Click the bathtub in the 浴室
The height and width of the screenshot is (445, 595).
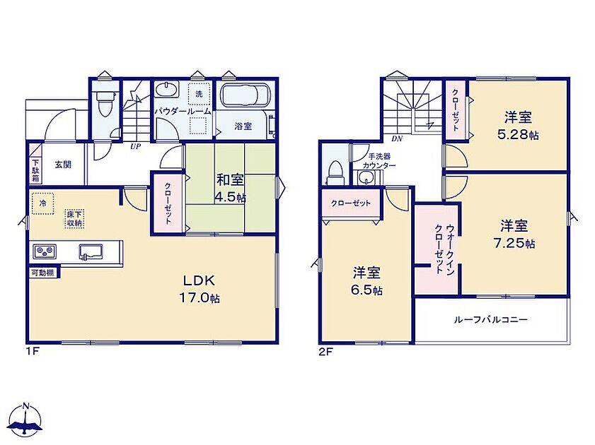click(245, 96)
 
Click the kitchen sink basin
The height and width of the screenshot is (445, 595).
click(91, 252)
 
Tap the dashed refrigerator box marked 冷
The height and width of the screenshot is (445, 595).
click(42, 203)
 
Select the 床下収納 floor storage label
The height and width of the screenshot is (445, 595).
click(74, 218)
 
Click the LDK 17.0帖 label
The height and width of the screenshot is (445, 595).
click(200, 289)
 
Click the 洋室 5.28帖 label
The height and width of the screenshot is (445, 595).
click(518, 126)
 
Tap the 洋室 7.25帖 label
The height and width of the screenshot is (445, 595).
click(514, 235)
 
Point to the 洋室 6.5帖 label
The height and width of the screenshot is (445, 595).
click(366, 281)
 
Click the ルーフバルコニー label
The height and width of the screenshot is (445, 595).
click(491, 319)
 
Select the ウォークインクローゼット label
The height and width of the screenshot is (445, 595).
click(444, 249)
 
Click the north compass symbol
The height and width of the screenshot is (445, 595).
click(25, 420)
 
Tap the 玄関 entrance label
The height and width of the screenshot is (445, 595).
click(63, 165)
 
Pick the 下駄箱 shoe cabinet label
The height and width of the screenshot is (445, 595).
click(35, 170)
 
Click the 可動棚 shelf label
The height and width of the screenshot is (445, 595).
click(42, 273)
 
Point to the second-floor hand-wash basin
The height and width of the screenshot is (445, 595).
click(366, 177)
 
